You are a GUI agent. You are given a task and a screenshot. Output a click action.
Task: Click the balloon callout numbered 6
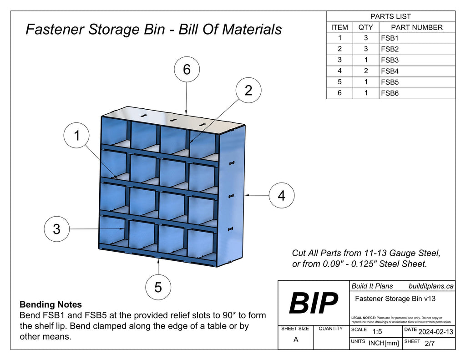pyautogui.click(x=187, y=70)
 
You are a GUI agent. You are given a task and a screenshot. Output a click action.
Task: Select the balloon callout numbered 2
pyautogui.click(x=248, y=90)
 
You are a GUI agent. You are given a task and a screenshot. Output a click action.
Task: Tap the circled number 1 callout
pyautogui.click(x=77, y=135)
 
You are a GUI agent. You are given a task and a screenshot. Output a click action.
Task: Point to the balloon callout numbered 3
pyautogui.click(x=56, y=229)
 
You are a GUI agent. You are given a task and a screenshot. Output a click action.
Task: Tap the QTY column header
pyautogui.click(x=365, y=27)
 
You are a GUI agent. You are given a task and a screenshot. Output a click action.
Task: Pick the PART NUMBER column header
pyautogui.click(x=416, y=27)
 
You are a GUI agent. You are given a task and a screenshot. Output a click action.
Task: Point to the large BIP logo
pyautogui.click(x=314, y=303)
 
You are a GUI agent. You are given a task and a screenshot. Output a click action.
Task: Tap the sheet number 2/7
pyautogui.click(x=429, y=344)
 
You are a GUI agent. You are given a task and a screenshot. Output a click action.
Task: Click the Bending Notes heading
pyautogui.click(x=51, y=304)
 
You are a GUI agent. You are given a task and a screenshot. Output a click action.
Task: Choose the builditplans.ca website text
pyautogui.click(x=431, y=286)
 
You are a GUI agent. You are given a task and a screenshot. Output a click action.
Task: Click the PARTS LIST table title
pyautogui.click(x=390, y=16)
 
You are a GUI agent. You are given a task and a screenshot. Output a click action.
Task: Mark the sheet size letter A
pyautogui.click(x=296, y=340)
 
